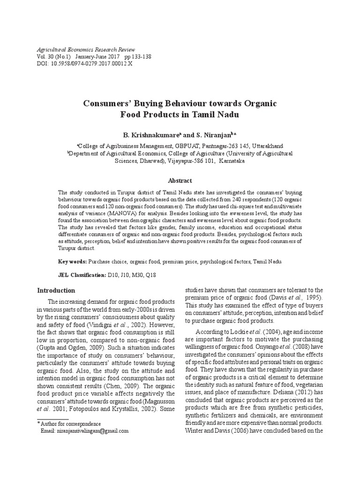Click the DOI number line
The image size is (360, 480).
click(x=84, y=64)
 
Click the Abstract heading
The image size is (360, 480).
click(x=180, y=180)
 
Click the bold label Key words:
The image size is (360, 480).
click(x=72, y=262)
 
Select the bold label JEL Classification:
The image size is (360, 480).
click(x=82, y=276)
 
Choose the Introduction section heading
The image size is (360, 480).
click(x=56, y=290)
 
